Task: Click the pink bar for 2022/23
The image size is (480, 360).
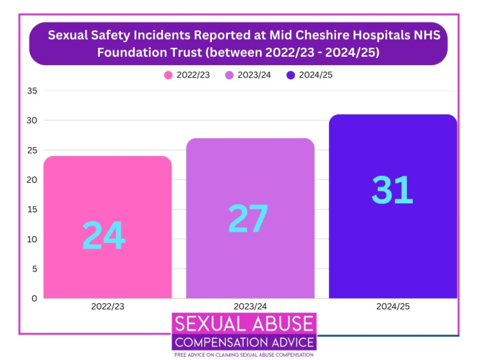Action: click(x=108, y=192)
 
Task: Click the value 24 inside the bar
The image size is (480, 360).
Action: click(x=104, y=236)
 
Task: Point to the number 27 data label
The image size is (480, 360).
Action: click(x=248, y=219)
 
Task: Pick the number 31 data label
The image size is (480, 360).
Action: click(x=392, y=189)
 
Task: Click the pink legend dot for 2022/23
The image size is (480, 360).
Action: click(x=168, y=75)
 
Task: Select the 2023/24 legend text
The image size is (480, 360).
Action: click(x=254, y=75)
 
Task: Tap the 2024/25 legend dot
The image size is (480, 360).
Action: click(x=291, y=75)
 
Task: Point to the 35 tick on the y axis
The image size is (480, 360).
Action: click(x=32, y=91)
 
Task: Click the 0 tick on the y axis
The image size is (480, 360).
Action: click(x=35, y=298)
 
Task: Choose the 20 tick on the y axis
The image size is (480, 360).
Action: click(x=32, y=180)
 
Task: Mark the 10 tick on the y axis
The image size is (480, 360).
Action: click(x=32, y=239)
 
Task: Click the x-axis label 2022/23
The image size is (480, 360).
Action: click(x=108, y=307)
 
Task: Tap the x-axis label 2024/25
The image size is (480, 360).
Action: click(x=393, y=307)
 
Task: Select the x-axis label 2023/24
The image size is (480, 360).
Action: click(x=250, y=307)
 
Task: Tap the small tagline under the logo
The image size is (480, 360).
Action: click(x=243, y=354)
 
